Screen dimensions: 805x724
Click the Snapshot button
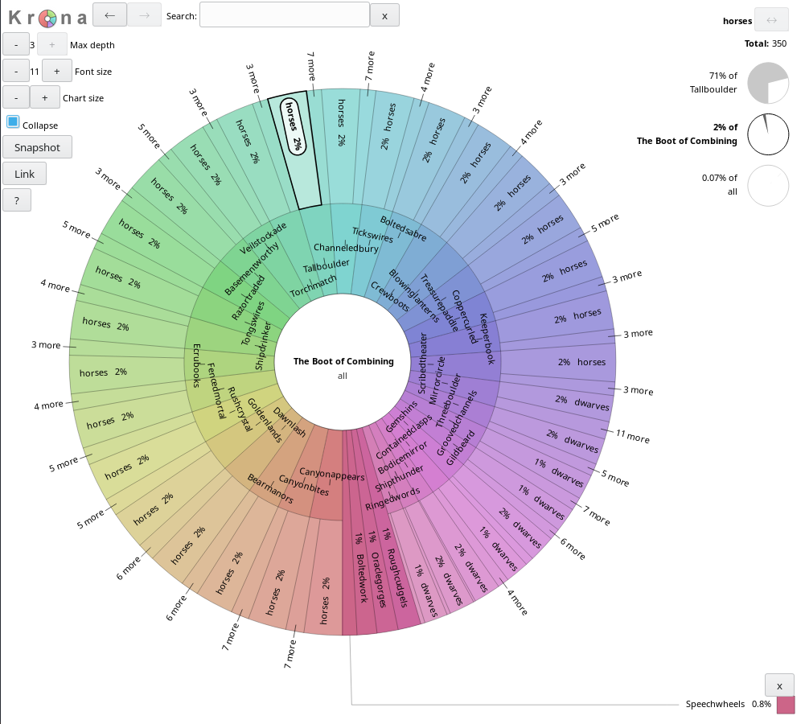[x=37, y=147]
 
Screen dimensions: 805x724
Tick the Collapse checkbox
[x=13, y=122]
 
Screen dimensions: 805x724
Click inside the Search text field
[x=284, y=15]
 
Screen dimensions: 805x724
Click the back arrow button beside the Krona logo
[x=109, y=14]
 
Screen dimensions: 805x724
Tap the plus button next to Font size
[x=56, y=71]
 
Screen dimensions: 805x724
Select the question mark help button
[x=17, y=200]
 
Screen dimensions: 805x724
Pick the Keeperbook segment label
[x=487, y=339]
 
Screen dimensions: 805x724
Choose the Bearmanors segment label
[x=269, y=489]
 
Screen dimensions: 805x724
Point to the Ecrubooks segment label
[x=195, y=366]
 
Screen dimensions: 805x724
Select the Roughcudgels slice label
[x=397, y=578]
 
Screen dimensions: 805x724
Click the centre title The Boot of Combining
[x=343, y=361]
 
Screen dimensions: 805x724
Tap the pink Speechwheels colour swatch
[x=785, y=705]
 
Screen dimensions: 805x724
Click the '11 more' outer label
[x=632, y=436]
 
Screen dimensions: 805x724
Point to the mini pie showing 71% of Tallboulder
[x=767, y=84]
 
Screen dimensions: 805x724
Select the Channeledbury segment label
[x=346, y=248]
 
